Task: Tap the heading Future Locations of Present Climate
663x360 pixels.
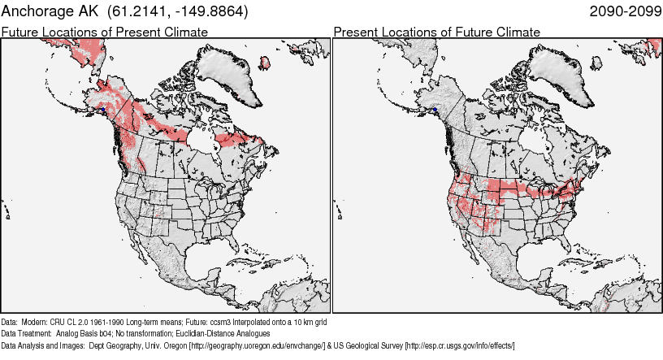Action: pos(105,32)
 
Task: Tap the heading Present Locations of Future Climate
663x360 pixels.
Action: pos(436,32)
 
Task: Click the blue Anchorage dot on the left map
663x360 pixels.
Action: pos(103,109)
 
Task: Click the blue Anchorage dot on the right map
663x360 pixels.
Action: pos(435,109)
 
